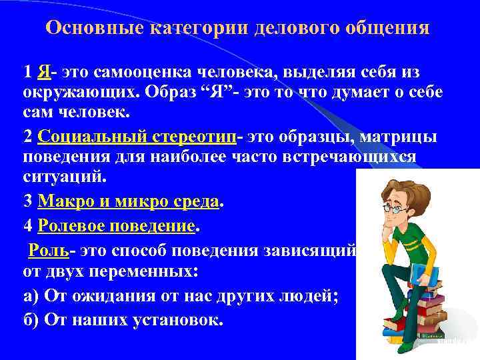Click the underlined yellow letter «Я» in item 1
coord(45,71)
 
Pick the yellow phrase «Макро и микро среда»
coord(128,201)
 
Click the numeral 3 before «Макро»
coord(27,201)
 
